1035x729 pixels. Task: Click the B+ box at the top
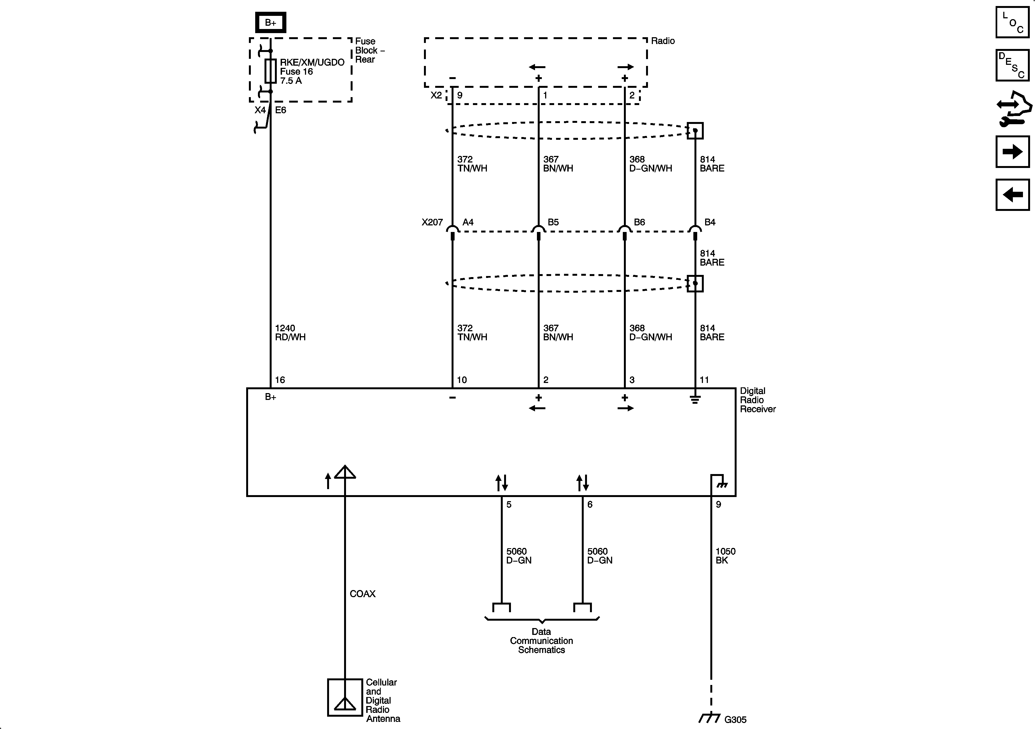[x=271, y=22]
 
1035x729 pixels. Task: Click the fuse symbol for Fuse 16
[x=271, y=71]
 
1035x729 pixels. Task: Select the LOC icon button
[x=1013, y=22]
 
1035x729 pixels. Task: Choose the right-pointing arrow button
[x=1013, y=152]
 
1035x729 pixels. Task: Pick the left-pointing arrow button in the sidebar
[x=1013, y=195]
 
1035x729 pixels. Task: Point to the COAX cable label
[x=362, y=594]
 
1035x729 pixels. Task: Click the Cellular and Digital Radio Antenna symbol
[x=345, y=698]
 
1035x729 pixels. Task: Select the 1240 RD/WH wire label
[x=290, y=333]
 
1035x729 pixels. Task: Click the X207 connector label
[x=432, y=222]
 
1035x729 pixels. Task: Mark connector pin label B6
[x=639, y=222]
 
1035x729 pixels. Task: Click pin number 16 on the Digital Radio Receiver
[x=280, y=380]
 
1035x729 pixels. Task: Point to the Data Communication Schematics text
[x=541, y=641]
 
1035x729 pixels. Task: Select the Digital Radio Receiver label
[x=757, y=400]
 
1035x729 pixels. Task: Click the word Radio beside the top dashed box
[x=663, y=41]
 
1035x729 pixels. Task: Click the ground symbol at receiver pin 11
[x=695, y=399]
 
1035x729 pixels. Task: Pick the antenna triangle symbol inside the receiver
[x=345, y=472]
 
